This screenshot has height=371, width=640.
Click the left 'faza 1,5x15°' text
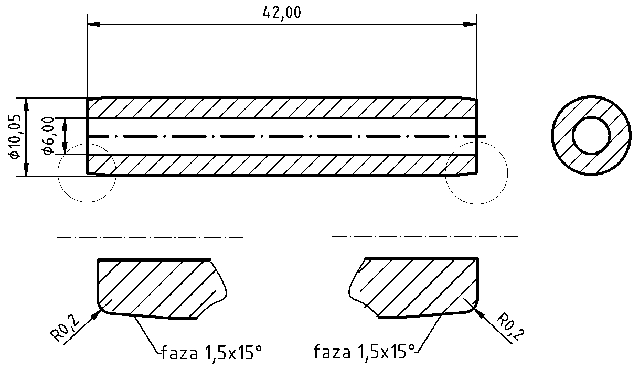click(x=211, y=351)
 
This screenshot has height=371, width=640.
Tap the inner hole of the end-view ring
click(x=592, y=135)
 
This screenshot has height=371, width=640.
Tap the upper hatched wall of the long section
click(x=280, y=108)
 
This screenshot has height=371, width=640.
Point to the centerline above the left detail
click(x=150, y=237)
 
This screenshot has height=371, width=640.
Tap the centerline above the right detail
click(x=425, y=237)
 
